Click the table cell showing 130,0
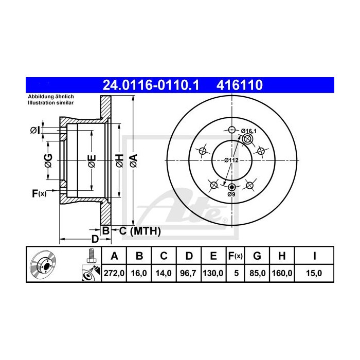(213, 274)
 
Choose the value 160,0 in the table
(282, 274)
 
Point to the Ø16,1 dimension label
(248, 132)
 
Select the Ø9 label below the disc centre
(231, 194)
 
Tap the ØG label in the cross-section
(48, 160)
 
